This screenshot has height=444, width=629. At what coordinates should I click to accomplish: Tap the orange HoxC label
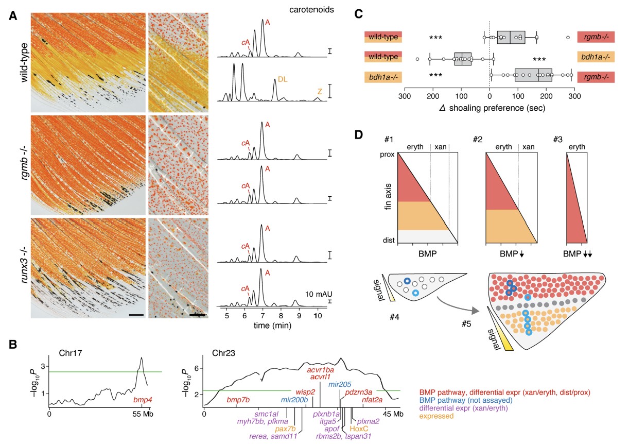(358, 428)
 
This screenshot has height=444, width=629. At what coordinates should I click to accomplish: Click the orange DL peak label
(283, 79)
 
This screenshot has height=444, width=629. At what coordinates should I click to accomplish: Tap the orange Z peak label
(320, 91)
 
